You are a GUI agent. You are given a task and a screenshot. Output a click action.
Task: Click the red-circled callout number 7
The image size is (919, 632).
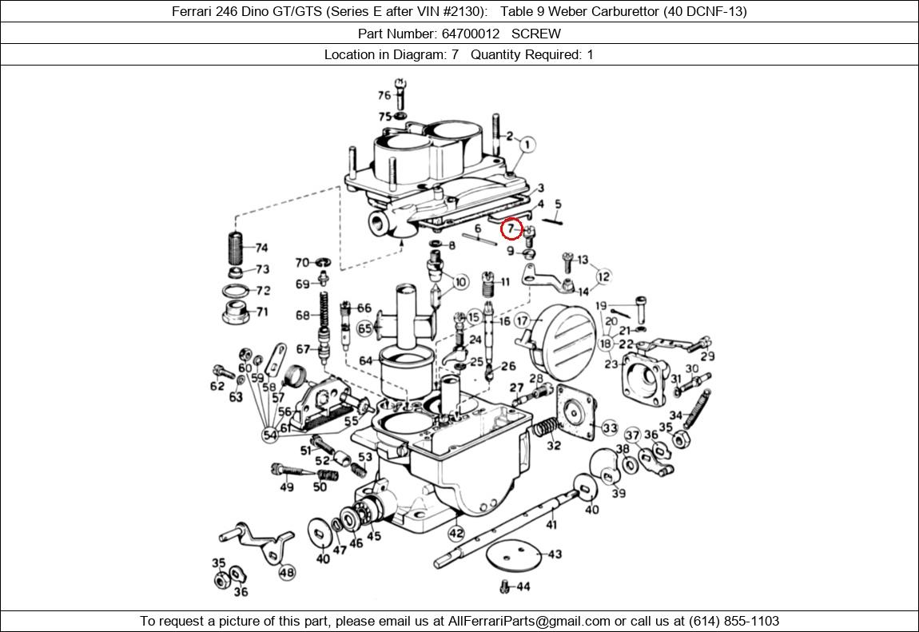pyautogui.click(x=511, y=229)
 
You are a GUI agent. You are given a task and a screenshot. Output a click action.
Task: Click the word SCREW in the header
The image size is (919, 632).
pyautogui.click(x=535, y=34)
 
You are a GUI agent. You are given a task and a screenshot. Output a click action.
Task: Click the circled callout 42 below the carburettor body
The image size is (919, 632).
pyautogui.click(x=456, y=533)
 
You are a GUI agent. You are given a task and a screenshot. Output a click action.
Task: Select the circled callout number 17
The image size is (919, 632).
pyautogui.click(x=523, y=321)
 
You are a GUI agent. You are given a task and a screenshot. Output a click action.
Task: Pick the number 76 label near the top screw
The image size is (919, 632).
pyautogui.click(x=384, y=95)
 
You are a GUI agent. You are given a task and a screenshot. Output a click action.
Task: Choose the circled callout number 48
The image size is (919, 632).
pyautogui.click(x=286, y=571)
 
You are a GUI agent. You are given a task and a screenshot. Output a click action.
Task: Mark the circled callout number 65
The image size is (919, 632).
pyautogui.click(x=365, y=328)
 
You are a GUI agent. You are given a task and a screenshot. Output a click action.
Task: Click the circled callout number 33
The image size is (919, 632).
pyautogui.click(x=610, y=428)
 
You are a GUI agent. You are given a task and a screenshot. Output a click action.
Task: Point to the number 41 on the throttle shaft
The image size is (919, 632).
pyautogui.click(x=551, y=524)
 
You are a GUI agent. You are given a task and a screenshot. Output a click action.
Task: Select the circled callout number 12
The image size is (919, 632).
pyautogui.click(x=603, y=276)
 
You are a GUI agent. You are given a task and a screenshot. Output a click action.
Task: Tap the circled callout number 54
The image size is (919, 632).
pyautogui.click(x=270, y=435)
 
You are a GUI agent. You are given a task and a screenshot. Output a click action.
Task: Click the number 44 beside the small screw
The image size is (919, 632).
pyautogui.click(x=523, y=586)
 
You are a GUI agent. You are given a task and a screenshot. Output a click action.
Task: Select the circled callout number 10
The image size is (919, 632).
pyautogui.click(x=460, y=282)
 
